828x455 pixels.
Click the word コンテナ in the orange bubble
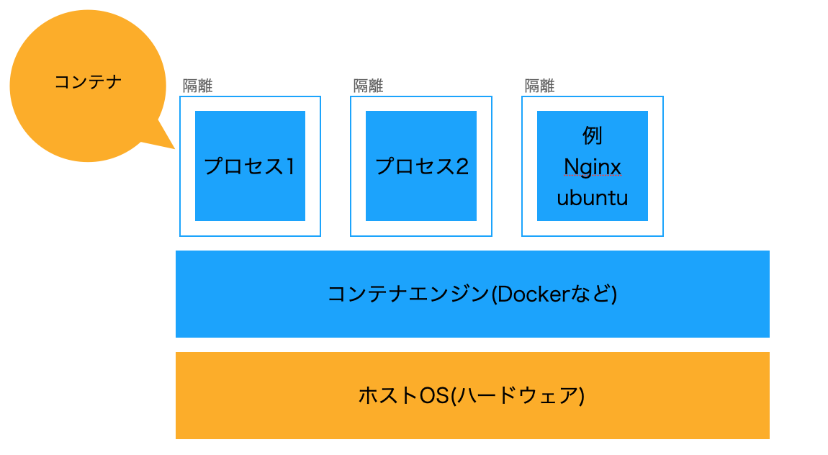pos(88,82)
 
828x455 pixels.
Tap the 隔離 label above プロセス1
pos(197,86)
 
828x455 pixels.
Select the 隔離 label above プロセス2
pos(368,86)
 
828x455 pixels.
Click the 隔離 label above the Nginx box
pos(539,86)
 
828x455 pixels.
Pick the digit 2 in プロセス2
pos(462,166)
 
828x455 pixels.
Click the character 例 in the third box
pos(592,135)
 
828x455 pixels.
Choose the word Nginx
pos(592,167)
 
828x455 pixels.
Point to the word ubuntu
pos(592,198)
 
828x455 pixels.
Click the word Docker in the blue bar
pos(531,294)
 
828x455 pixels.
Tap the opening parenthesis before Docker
pos(493,294)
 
